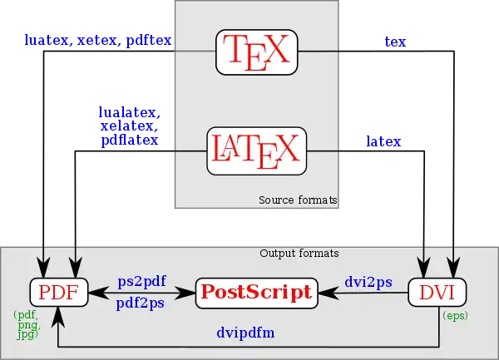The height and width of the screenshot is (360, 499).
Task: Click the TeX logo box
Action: (256, 52)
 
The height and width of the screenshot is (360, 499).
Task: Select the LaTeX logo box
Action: (256, 151)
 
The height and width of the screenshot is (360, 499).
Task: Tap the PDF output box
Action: (59, 293)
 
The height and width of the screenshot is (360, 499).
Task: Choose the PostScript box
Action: (256, 293)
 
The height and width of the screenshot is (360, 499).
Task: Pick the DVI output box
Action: (437, 293)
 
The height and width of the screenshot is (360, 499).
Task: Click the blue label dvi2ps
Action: (368, 282)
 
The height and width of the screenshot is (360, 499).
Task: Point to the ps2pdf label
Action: (142, 281)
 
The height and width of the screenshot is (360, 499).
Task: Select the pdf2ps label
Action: (141, 303)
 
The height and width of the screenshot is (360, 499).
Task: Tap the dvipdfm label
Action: (245, 333)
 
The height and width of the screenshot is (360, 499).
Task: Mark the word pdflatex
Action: (130, 140)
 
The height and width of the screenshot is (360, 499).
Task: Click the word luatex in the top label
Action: (47, 40)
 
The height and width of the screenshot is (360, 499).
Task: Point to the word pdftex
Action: (149, 41)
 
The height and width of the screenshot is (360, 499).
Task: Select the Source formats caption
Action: (298, 200)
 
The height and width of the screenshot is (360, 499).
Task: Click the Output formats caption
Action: (299, 254)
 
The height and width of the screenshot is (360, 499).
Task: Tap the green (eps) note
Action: (455, 316)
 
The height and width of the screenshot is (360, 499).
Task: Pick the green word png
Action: (28, 325)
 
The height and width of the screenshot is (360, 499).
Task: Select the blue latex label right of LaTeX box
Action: (383, 141)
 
